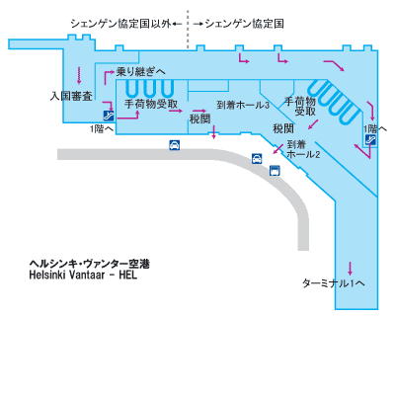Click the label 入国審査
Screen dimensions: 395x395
point(71,96)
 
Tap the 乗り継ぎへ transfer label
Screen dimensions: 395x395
point(141,71)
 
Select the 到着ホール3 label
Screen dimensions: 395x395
point(243,105)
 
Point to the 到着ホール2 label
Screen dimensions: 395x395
point(303,149)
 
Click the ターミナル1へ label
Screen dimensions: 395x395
point(334,283)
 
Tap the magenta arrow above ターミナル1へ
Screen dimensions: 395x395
point(350,269)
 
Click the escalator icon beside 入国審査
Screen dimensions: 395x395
point(109,116)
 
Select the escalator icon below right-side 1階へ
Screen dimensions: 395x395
point(371,139)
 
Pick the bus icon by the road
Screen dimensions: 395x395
point(275,170)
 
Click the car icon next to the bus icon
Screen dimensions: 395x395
point(257,159)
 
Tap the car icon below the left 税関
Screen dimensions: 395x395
point(175,145)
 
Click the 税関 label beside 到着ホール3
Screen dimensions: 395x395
point(199,118)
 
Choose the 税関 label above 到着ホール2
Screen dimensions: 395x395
point(283,128)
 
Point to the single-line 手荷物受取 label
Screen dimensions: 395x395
point(151,104)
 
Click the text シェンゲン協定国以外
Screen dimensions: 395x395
point(121,24)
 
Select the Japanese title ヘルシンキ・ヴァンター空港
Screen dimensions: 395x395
point(90,264)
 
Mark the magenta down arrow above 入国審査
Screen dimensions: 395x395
point(79,75)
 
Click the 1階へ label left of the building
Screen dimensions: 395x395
point(102,129)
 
